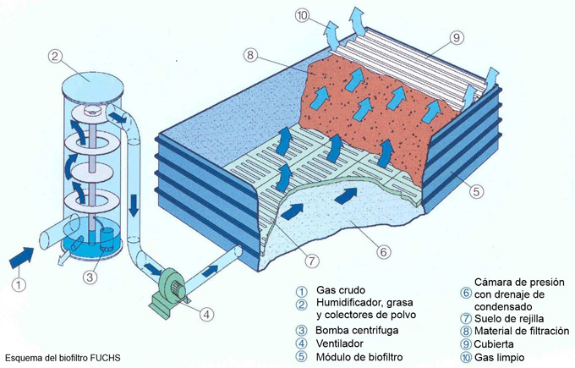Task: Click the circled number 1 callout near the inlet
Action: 18,285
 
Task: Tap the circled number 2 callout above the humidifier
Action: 56,57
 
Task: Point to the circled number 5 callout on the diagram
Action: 477,192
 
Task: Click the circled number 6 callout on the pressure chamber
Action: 382,251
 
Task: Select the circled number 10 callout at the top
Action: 303,14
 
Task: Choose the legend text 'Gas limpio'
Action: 501,357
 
